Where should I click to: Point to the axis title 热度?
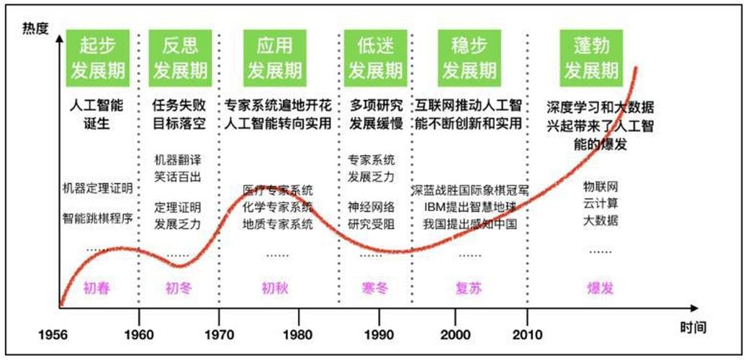pyautogui.click(x=35, y=29)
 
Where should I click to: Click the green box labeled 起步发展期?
pyautogui.click(x=97, y=58)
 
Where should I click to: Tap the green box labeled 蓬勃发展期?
pyautogui.click(x=591, y=58)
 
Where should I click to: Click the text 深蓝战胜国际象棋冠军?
pyautogui.click(x=470, y=191)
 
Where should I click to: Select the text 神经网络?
pyautogui.click(x=372, y=207)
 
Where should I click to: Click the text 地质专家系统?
pyautogui.click(x=278, y=223)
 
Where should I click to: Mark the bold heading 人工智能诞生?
pyautogui.click(x=97, y=114)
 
